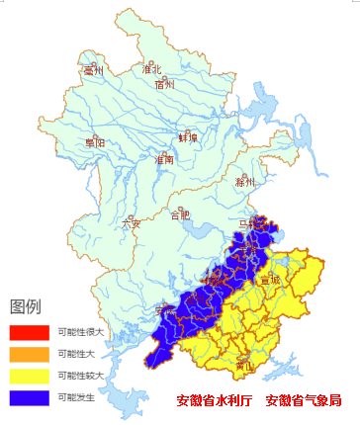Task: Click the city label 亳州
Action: (x=94, y=71)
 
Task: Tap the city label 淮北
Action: (x=151, y=69)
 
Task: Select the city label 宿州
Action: (x=165, y=85)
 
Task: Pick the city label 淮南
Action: (x=164, y=159)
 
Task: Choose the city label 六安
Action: (x=132, y=223)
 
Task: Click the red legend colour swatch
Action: (x=29, y=332)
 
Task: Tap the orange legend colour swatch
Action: (x=29, y=354)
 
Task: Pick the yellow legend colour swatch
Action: (x=29, y=377)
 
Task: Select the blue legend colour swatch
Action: (x=29, y=398)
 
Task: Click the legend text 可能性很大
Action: (x=81, y=332)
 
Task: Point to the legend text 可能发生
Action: (x=77, y=398)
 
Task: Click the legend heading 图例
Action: (x=26, y=305)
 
